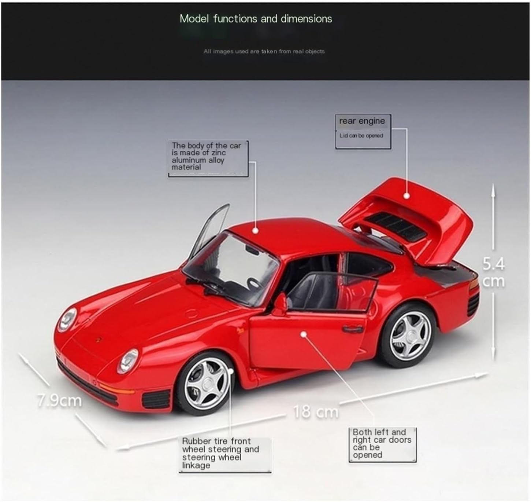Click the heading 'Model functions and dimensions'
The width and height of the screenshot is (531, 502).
click(256, 19)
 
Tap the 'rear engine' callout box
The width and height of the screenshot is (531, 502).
click(363, 131)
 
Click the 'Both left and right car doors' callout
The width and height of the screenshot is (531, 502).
click(382, 445)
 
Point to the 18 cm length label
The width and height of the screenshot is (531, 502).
click(316, 412)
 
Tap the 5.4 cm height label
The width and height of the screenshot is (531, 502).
click(493, 272)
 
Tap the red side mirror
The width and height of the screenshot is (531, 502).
click(280, 305)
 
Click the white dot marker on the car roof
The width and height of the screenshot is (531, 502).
click(255, 230)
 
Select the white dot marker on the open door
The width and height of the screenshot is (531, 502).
click(304, 334)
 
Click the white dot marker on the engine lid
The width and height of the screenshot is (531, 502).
click(406, 196)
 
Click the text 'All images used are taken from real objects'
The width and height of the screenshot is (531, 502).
click(264, 51)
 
